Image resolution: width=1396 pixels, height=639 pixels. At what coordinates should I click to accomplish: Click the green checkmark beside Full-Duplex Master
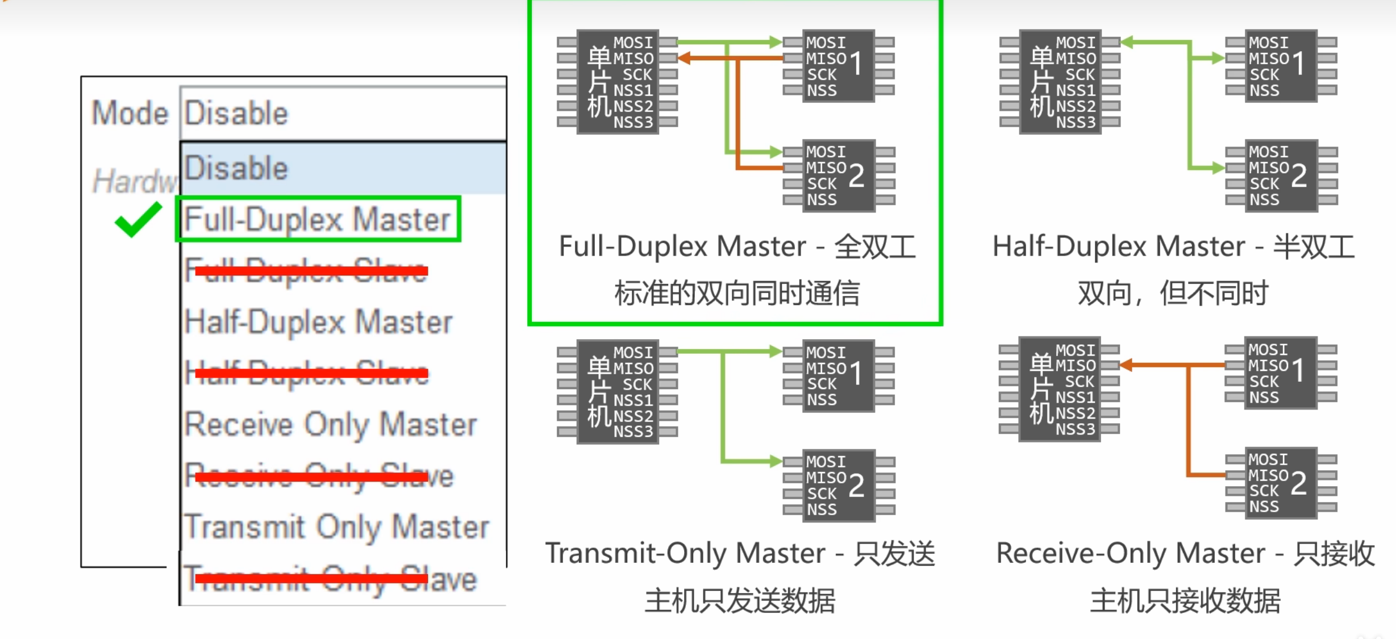pos(138,219)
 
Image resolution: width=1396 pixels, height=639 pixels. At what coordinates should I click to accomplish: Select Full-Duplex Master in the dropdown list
pos(318,219)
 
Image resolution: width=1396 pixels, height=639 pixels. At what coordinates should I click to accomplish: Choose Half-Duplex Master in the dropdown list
pos(318,322)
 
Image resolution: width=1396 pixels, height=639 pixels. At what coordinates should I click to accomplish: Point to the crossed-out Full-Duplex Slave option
pos(307,271)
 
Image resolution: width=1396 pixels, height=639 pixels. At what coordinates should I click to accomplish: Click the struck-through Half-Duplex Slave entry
pos(307,373)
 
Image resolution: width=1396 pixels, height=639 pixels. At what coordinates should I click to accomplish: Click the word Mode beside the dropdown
pos(130,113)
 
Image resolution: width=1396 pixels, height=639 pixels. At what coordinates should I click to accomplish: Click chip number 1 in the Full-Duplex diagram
pos(838,65)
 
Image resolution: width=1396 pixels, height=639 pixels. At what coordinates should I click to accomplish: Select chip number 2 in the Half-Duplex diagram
pos(1281,176)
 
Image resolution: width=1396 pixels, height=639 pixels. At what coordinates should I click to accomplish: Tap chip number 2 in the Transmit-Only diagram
pos(838,485)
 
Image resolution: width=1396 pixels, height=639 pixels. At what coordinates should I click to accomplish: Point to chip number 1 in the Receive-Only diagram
pos(1280,373)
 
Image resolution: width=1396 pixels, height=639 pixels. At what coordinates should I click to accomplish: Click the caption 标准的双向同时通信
pos(737,294)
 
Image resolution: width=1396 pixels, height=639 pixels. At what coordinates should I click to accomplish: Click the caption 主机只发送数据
pos(740,601)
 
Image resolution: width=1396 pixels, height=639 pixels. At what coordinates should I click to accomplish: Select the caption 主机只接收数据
pos(1185,601)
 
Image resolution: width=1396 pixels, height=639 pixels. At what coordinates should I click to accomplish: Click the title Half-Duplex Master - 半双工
pos(1173,247)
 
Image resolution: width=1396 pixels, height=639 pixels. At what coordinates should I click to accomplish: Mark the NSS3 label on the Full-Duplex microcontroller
pos(633,123)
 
